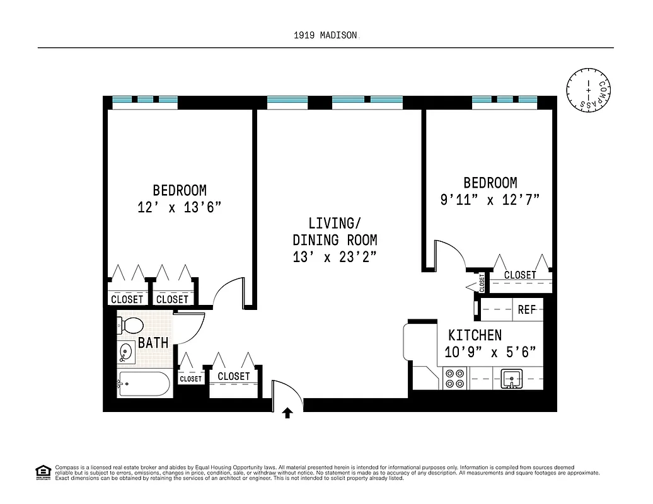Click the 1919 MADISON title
pyautogui.click(x=325, y=36)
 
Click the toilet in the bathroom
pyautogui.click(x=130, y=326)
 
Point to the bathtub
pyautogui.click(x=144, y=384)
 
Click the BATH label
pyautogui.click(x=153, y=343)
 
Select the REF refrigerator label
pyautogui.click(x=526, y=310)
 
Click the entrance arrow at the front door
pyautogui.click(x=287, y=413)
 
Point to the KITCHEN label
pyautogui.click(x=475, y=335)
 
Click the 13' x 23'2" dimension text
pyautogui.click(x=335, y=257)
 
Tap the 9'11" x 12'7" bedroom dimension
pyautogui.click(x=490, y=200)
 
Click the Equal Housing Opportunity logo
pyautogui.click(x=43, y=471)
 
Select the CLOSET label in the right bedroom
pyautogui.click(x=520, y=275)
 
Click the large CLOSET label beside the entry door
pyautogui.click(x=233, y=376)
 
